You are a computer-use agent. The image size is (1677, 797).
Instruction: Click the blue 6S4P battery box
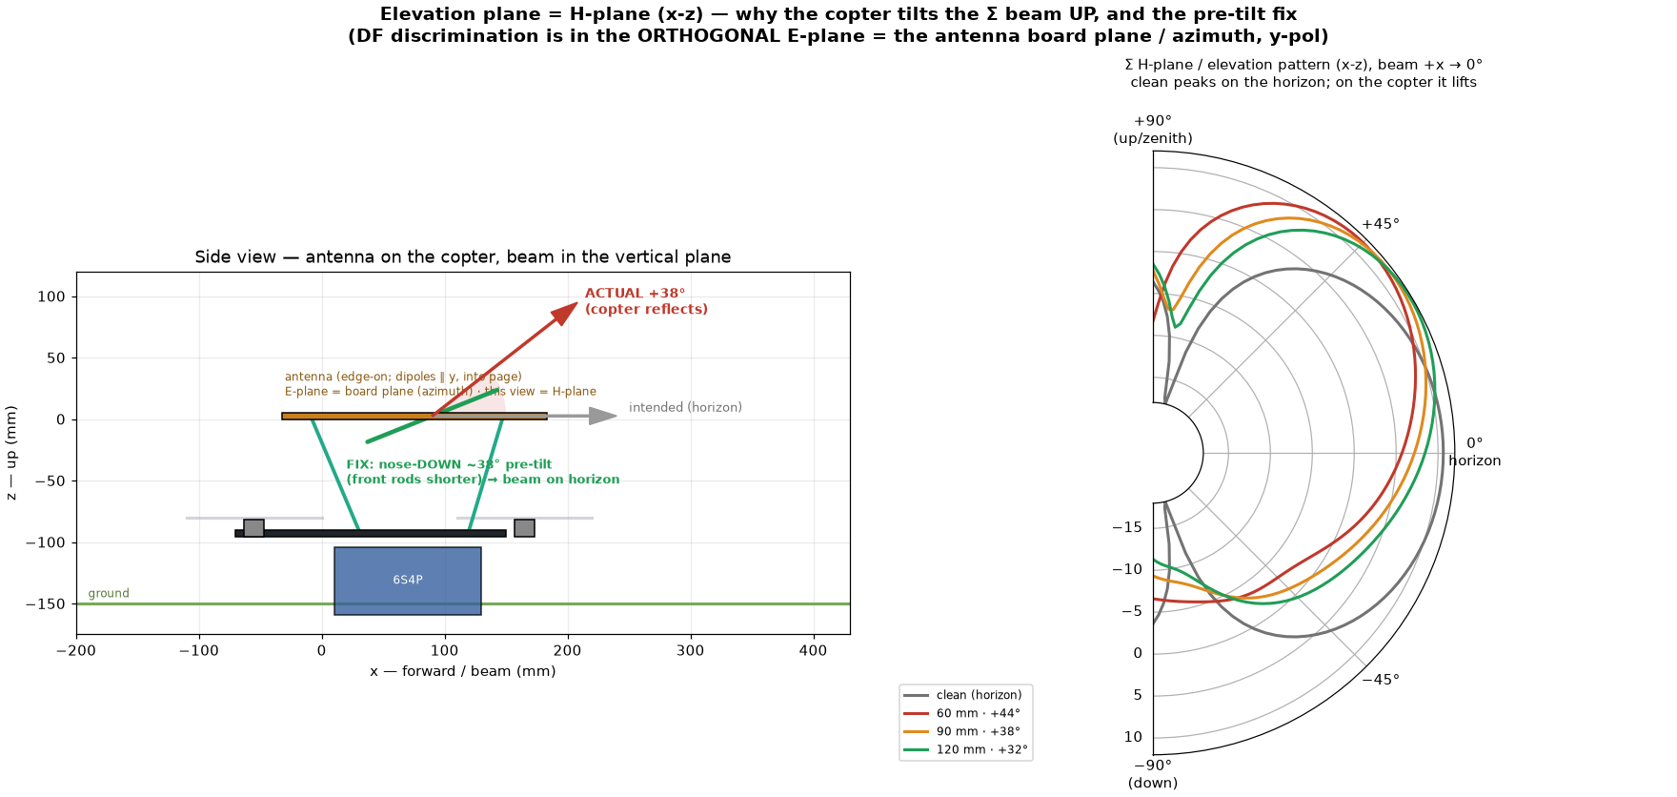pyautogui.click(x=408, y=581)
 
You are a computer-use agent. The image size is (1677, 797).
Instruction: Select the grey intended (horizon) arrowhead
pyautogui.click(x=603, y=416)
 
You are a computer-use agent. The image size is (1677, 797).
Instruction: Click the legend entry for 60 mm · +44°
pyautogui.click(x=965, y=713)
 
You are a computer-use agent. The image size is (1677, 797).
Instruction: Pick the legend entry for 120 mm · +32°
pyautogui.click(x=965, y=750)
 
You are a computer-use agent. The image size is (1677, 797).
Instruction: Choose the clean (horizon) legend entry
pyautogui.click(x=963, y=695)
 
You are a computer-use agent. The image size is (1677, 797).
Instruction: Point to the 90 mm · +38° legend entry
pyautogui.click(x=965, y=732)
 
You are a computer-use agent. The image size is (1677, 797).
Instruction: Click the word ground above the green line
pyautogui.click(x=109, y=594)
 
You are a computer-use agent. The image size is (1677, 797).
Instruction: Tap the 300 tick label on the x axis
pyautogui.click(x=691, y=651)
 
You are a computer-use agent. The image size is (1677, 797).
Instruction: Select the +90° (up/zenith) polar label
pyautogui.click(x=1153, y=130)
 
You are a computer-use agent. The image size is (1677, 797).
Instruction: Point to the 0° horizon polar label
pyautogui.click(x=1475, y=452)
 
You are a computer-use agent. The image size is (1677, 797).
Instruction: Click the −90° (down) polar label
pyautogui.click(x=1153, y=774)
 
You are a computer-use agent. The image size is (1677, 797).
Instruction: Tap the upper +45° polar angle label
pyautogui.click(x=1381, y=224)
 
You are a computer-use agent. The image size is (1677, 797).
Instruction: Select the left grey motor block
pyautogui.click(x=254, y=528)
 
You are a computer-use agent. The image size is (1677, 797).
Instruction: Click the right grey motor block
pyautogui.click(x=524, y=528)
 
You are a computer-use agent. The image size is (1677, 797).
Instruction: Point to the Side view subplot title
pyautogui.click(x=463, y=257)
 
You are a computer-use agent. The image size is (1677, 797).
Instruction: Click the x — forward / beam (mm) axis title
pyautogui.click(x=463, y=671)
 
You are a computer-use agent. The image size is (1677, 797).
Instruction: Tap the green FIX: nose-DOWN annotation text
pyautogui.click(x=483, y=472)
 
